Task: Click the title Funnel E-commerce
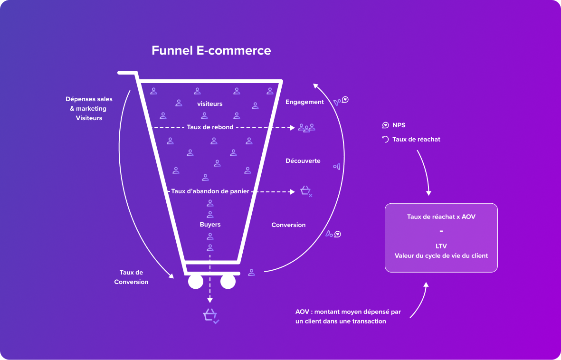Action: click(211, 51)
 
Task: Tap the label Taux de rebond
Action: click(210, 127)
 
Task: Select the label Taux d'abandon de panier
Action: click(210, 191)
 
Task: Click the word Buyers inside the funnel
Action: click(210, 225)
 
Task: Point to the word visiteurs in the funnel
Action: click(209, 104)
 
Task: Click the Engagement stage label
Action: click(304, 102)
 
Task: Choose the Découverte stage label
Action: click(303, 161)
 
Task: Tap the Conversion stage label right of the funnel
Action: click(288, 225)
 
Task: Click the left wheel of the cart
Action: click(196, 282)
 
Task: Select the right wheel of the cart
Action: click(228, 282)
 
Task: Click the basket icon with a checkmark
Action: click(210, 316)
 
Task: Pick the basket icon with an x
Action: click(306, 191)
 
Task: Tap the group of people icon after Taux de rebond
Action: click(306, 128)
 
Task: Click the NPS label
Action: click(399, 125)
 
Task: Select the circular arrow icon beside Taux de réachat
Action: click(385, 139)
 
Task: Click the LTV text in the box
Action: click(441, 246)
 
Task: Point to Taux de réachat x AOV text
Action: click(441, 217)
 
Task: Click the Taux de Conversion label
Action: click(131, 277)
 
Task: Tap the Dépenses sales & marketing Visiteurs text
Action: click(89, 109)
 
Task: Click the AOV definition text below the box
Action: click(348, 316)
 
